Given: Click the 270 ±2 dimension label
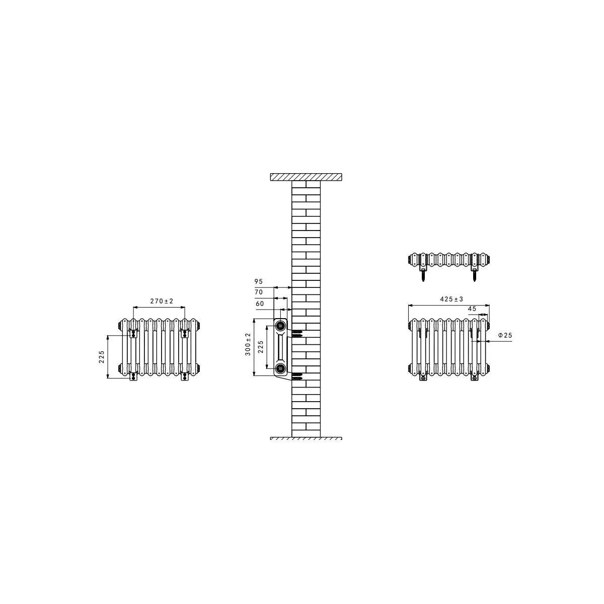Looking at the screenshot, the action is [x=162, y=301].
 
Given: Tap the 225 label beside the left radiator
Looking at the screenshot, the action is [x=102, y=357].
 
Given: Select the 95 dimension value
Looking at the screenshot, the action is [x=259, y=281].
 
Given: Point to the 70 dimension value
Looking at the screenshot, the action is [x=259, y=292].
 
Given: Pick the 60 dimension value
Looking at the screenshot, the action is [x=260, y=304].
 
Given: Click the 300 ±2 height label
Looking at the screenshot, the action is [x=248, y=344].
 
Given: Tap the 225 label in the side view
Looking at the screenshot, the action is [x=261, y=347].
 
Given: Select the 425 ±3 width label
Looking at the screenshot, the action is [x=451, y=299].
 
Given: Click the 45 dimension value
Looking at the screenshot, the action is [x=472, y=309].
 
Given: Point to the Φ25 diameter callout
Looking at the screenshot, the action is [x=505, y=335].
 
